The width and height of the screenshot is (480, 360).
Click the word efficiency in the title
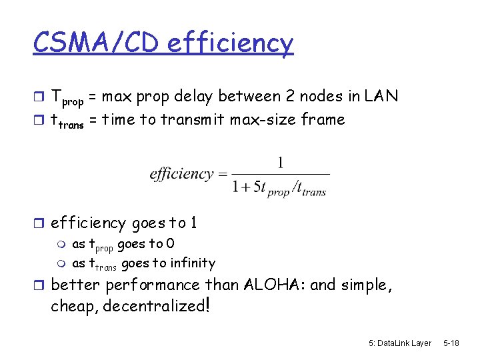click(230, 44)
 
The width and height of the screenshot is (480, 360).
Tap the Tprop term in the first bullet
click(67, 98)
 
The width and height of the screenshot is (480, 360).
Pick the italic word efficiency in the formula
click(181, 174)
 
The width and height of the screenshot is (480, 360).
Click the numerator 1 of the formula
click(280, 162)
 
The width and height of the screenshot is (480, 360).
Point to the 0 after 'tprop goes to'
click(170, 244)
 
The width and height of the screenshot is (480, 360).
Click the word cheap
click(72, 307)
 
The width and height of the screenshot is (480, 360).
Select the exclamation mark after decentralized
click(209, 305)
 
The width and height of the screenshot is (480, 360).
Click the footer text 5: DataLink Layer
click(400, 343)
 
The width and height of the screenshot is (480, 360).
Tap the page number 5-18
click(451, 343)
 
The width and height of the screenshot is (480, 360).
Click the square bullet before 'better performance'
click(40, 285)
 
